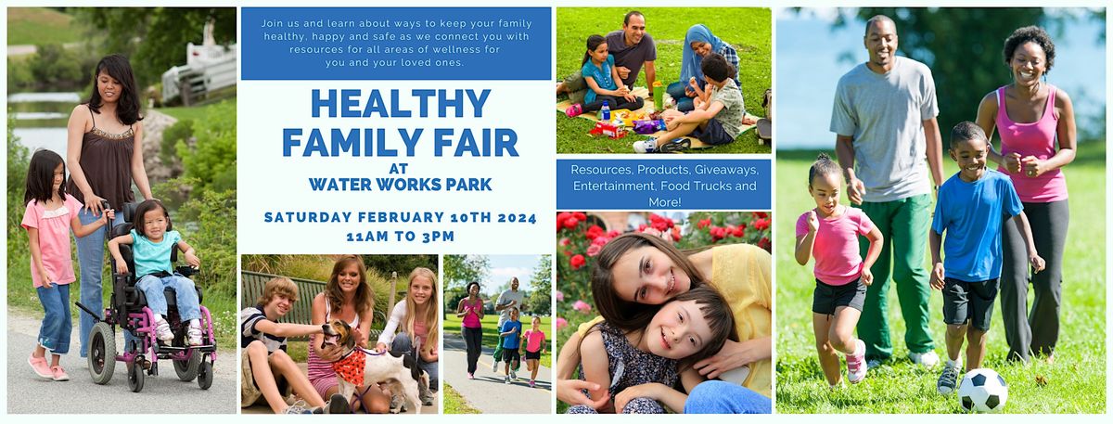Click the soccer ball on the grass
tap(982, 391)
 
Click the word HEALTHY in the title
tap(401, 104)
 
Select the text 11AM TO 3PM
tap(401, 237)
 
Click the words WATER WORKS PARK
tap(401, 185)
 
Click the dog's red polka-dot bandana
tap(351, 366)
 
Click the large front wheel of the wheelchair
tap(101, 353)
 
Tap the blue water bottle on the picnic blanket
tap(605, 110)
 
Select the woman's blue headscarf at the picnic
tap(697, 53)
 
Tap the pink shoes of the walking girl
tap(47, 367)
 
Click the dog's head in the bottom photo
tap(338, 336)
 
